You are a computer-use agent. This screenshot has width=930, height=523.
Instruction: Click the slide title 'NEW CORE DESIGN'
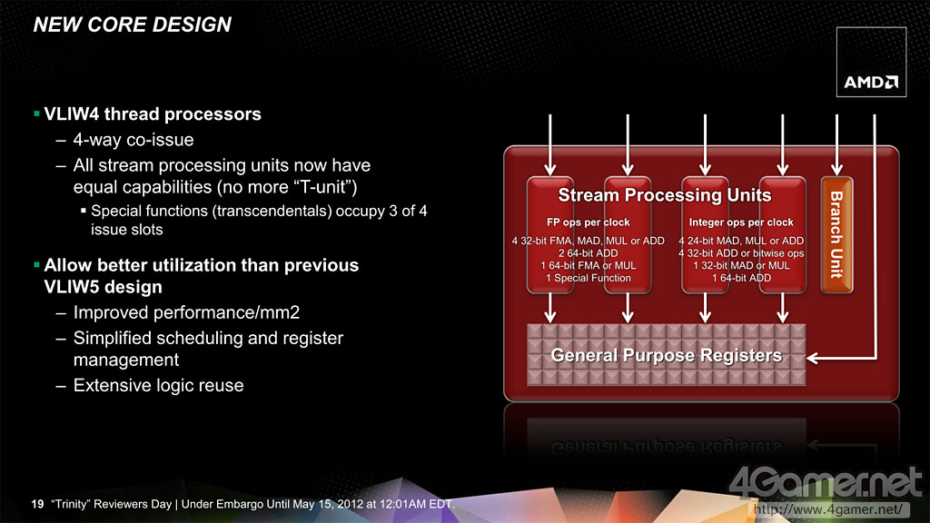133,25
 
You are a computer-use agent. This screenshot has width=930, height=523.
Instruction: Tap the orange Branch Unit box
836,235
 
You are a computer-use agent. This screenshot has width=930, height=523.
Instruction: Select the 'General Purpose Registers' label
666,355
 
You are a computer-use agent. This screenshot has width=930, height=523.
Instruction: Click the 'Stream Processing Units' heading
665,195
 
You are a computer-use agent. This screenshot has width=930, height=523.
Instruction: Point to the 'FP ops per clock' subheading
588,222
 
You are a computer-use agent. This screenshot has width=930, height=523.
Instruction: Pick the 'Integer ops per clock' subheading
741,222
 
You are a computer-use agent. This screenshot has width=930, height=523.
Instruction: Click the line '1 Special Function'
589,278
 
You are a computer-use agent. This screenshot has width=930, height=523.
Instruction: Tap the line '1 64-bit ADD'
741,278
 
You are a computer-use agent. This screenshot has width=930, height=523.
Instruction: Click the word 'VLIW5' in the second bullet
71,287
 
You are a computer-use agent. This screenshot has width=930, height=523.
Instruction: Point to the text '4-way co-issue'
134,140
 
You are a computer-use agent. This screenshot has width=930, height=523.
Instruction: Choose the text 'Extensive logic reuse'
158,385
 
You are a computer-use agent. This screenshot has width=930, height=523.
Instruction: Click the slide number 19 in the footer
37,504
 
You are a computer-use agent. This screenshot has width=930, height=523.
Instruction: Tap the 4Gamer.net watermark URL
828,509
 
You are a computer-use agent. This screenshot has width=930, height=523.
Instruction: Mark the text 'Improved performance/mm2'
186,312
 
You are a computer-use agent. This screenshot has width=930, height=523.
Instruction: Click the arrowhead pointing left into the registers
813,358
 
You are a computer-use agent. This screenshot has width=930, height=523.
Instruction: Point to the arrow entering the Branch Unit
836,145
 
